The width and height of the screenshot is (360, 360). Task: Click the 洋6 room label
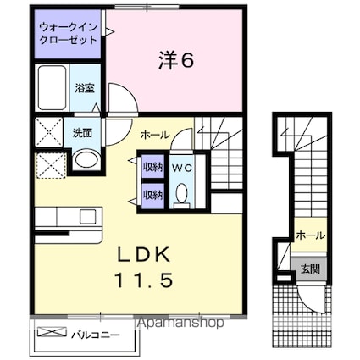(175, 60)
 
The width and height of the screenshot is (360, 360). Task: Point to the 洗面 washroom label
(82, 133)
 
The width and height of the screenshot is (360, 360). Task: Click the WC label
(182, 168)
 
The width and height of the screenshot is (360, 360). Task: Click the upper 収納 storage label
(152, 167)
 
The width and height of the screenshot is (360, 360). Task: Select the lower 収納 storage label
(152, 195)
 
